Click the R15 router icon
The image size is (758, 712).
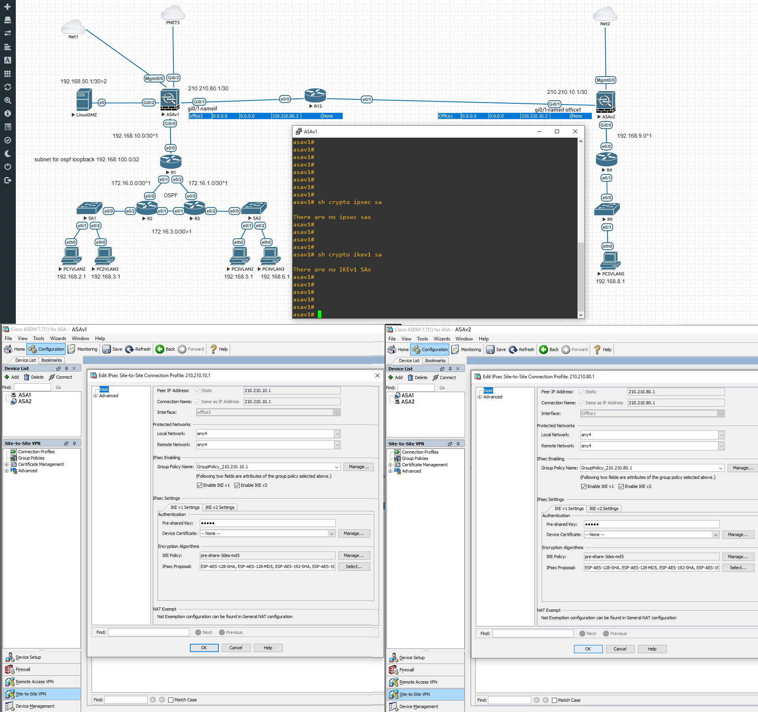tap(315, 95)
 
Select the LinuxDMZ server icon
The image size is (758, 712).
tap(84, 99)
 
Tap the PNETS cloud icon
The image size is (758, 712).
tap(173, 12)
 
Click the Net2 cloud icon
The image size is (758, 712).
tap(605, 13)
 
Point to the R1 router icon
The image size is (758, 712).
tap(171, 162)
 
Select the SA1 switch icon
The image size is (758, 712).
tap(90, 208)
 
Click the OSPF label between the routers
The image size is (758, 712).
tap(171, 195)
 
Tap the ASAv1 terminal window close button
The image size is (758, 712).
tap(575, 131)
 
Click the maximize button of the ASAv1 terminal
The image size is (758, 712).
tap(557, 131)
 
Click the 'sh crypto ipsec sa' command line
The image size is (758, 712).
tap(337, 202)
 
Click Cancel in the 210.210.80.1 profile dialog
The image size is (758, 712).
tap(620, 649)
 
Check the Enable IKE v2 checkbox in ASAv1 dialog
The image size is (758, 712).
tap(237, 485)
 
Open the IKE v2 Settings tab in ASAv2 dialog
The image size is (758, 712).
tap(604, 508)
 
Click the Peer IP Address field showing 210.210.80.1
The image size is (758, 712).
tap(676, 392)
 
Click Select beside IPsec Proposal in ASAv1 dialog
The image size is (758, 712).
tap(354, 566)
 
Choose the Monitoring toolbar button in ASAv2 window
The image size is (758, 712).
tap(467, 349)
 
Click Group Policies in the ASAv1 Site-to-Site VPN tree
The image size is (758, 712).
tap(31, 458)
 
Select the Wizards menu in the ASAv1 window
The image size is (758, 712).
tap(58, 338)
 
